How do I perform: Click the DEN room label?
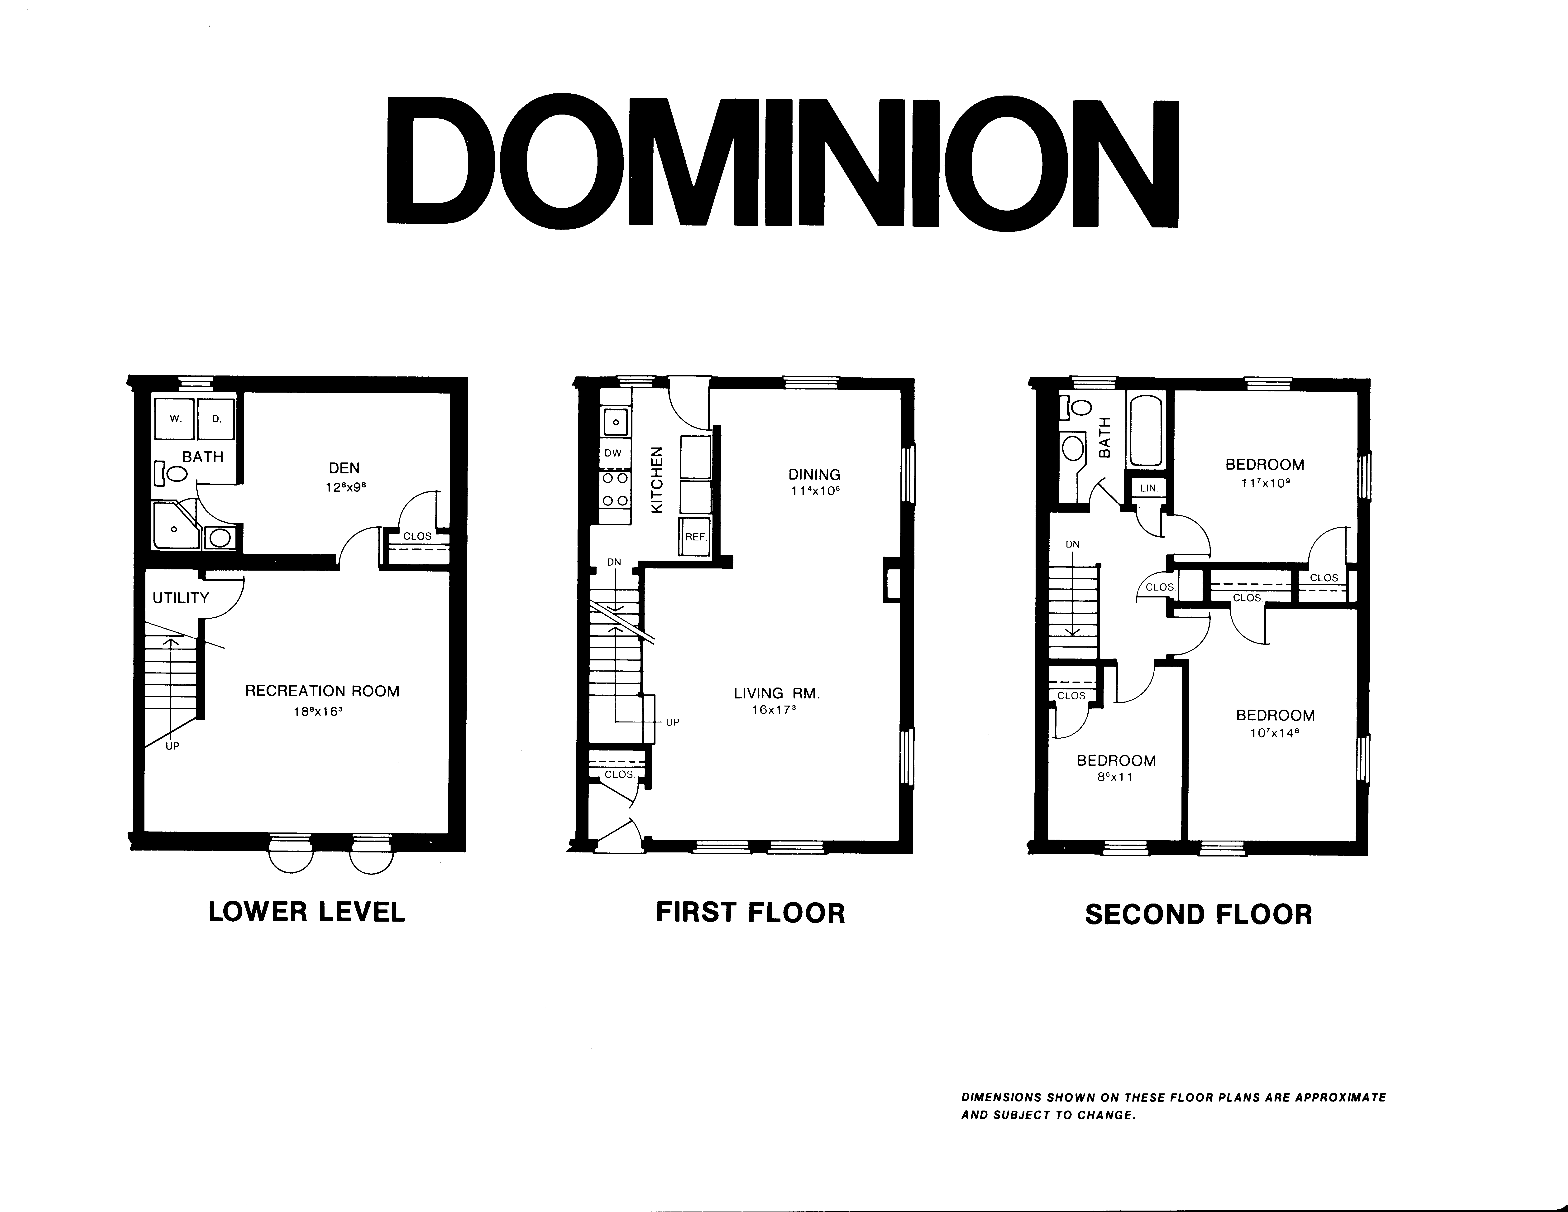tap(344, 468)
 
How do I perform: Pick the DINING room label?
tap(814, 475)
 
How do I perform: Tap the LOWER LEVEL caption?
tap(306, 912)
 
